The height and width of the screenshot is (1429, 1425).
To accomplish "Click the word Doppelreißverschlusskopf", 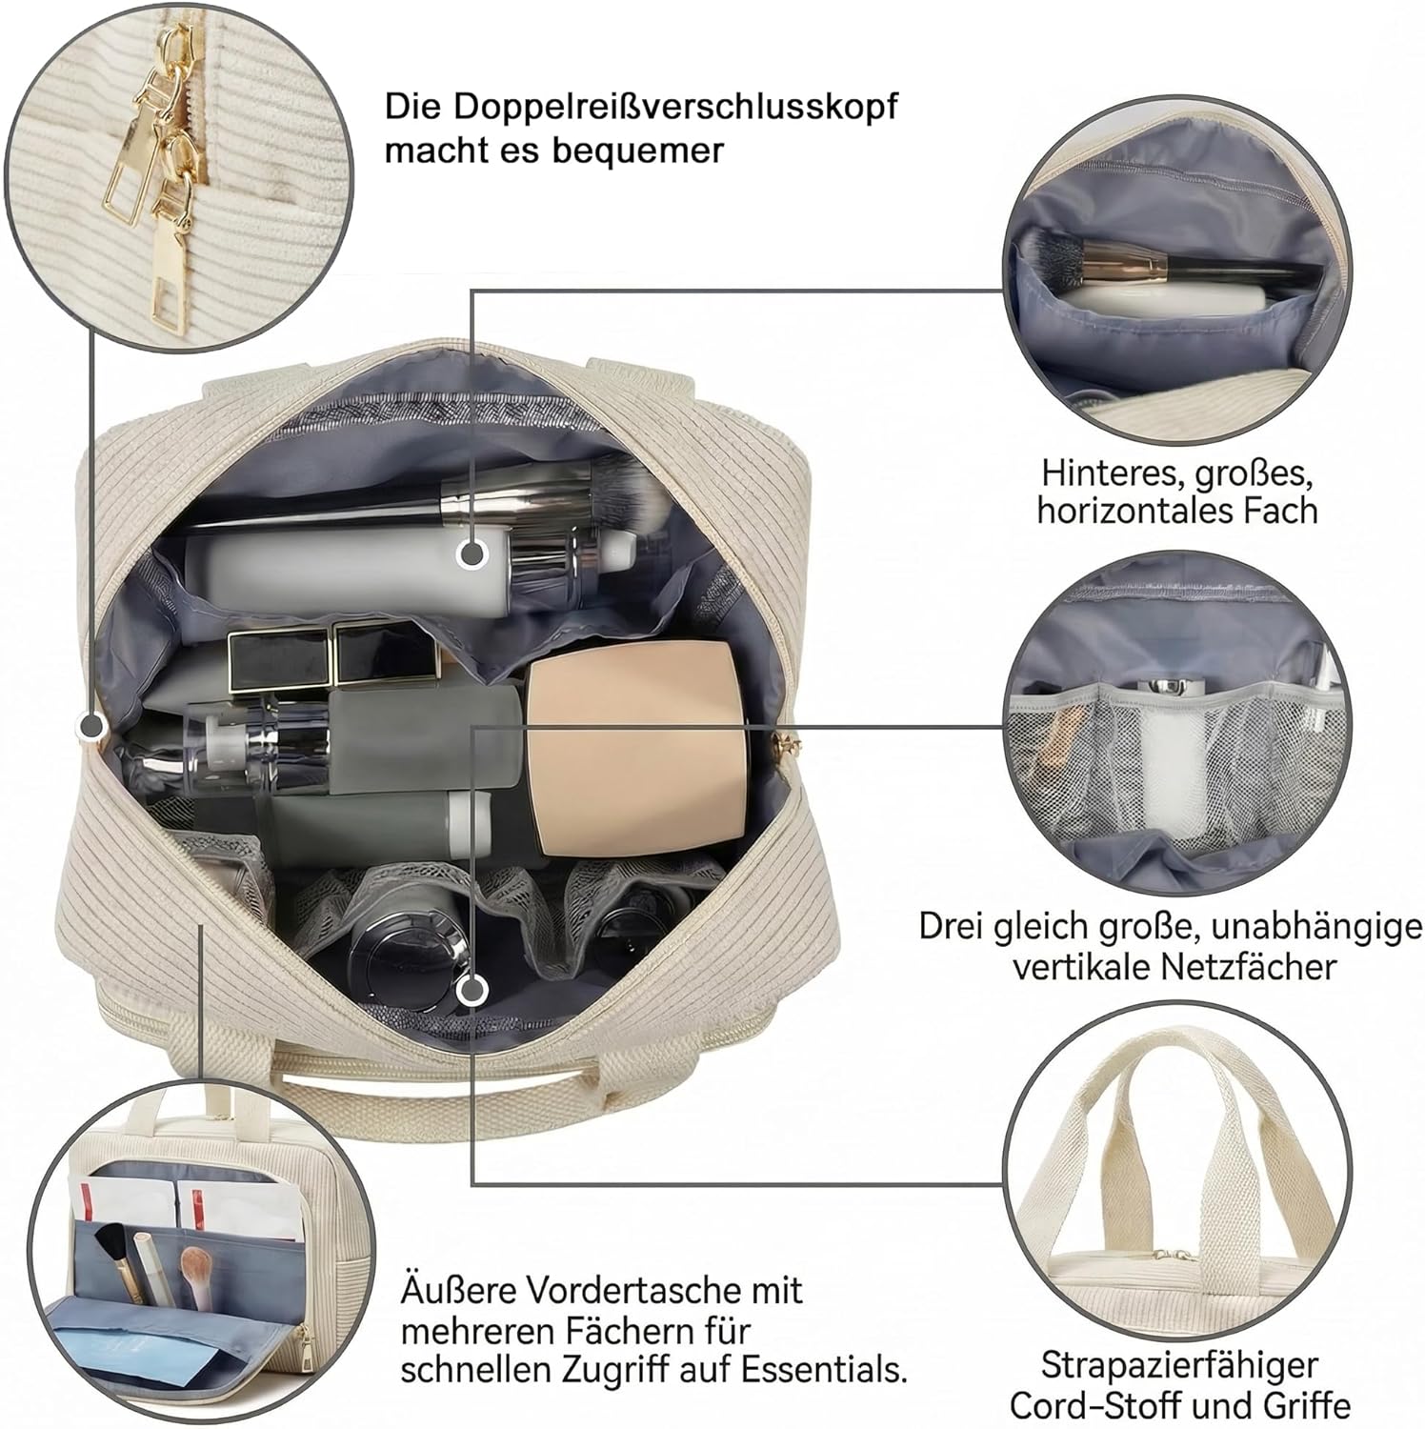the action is pyautogui.click(x=675, y=108).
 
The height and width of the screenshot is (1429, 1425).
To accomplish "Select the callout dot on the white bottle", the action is pyautogui.click(x=471, y=553).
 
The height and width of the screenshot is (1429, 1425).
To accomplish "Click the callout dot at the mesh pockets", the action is pyautogui.click(x=469, y=991).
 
